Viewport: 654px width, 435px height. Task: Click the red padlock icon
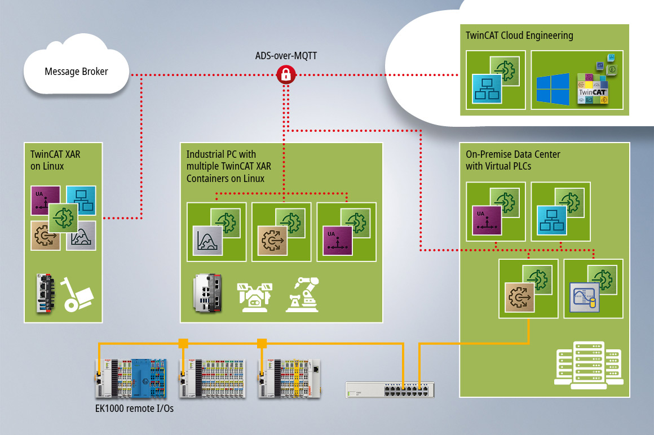(286, 74)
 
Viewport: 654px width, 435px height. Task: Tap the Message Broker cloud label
(76, 72)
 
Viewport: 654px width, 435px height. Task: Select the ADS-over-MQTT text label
(286, 56)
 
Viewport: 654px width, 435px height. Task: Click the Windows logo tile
(553, 89)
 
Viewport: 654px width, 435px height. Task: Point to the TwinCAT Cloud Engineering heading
(519, 35)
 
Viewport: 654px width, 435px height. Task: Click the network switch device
(390, 389)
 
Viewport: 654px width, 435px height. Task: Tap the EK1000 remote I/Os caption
(134, 409)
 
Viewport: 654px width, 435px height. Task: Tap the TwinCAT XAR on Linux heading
(47, 159)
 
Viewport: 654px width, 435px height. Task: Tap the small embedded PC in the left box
(47, 292)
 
